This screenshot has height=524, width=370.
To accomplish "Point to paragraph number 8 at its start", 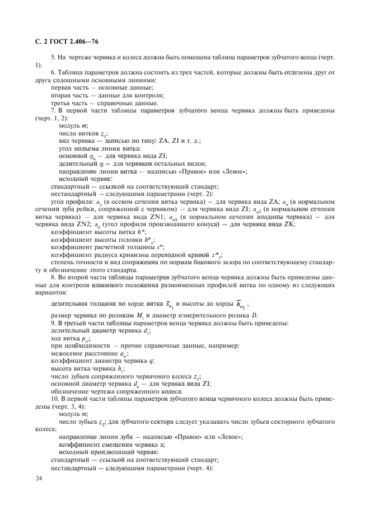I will [x=53, y=277].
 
